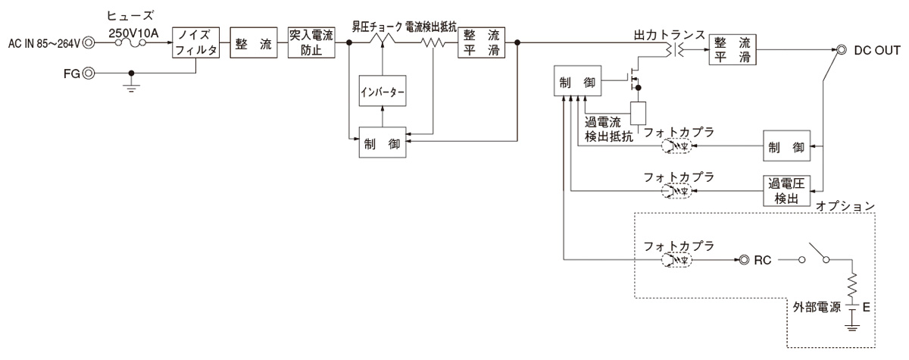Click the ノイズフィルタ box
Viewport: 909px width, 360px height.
pos(196,44)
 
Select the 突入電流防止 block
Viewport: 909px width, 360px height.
pos(311,44)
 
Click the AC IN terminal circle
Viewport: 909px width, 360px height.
pos(89,44)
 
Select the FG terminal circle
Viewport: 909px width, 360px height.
pos(89,74)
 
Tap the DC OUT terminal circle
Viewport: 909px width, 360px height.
pos(841,50)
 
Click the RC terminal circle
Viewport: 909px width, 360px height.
pos(744,259)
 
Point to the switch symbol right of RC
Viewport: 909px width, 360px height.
pos(815,254)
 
